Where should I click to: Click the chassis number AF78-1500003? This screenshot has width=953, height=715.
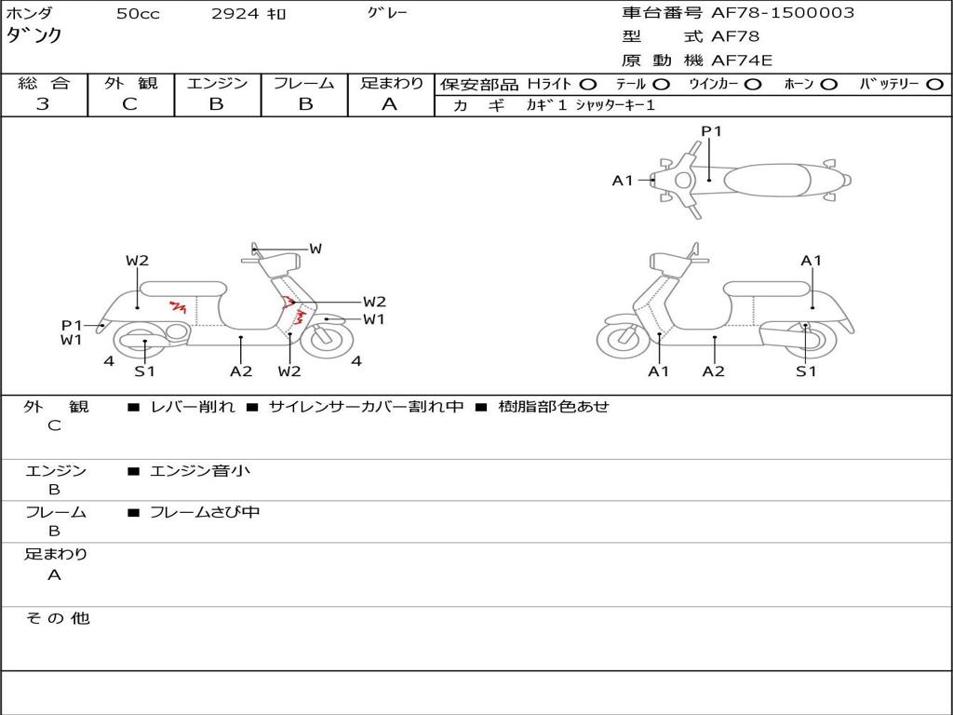click(783, 13)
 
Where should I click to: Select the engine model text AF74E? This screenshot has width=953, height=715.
click(742, 61)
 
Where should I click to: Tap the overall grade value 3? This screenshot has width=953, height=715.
click(43, 104)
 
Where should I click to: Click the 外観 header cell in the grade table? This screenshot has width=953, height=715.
click(130, 83)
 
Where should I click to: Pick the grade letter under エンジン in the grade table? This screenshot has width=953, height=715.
click(216, 104)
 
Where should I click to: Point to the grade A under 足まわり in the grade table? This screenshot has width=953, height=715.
click(390, 104)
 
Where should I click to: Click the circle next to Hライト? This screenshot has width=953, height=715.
click(588, 85)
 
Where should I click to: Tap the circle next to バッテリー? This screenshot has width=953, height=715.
click(934, 85)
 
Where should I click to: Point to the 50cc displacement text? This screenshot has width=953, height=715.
click(138, 13)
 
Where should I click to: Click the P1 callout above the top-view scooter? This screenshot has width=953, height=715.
click(711, 130)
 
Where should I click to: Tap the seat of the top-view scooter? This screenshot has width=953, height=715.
click(767, 181)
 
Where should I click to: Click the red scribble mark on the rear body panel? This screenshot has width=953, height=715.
click(178, 306)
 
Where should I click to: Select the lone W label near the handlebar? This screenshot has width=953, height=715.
click(315, 248)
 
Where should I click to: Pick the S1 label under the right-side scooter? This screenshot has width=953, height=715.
click(806, 371)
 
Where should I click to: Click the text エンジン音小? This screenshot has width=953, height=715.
click(200, 470)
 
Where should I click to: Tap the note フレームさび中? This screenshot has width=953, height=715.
click(205, 512)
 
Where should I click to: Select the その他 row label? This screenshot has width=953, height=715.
click(57, 618)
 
